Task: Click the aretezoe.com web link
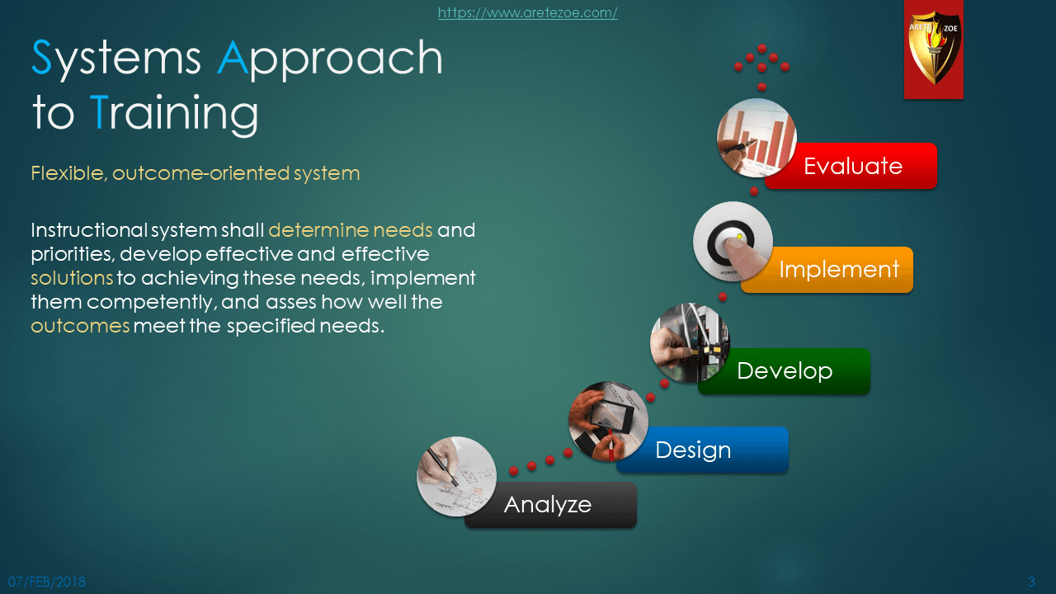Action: click(527, 12)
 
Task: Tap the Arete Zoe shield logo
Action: click(933, 49)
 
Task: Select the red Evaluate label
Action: click(851, 166)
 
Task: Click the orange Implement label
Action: click(827, 270)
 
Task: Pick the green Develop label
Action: click(785, 371)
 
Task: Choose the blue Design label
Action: click(702, 450)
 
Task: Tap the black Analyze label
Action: click(550, 505)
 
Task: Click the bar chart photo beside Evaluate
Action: click(757, 138)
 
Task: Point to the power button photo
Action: click(733, 242)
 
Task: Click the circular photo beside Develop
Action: click(690, 342)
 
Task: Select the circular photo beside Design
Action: click(608, 421)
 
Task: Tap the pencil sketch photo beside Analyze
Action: click(456, 476)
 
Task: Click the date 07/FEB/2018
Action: click(47, 582)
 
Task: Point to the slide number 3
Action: click(1031, 582)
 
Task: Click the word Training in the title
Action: click(174, 113)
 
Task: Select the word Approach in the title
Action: click(330, 59)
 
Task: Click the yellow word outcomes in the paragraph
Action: click(80, 326)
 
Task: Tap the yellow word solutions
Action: click(72, 278)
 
